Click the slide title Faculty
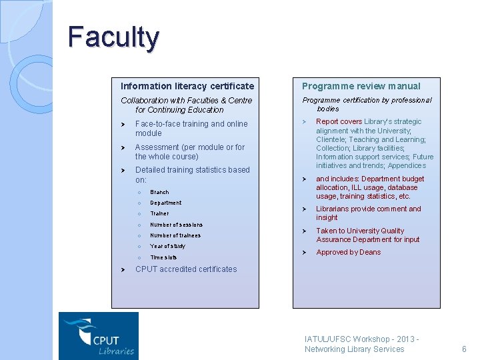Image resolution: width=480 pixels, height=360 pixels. [x=113, y=37]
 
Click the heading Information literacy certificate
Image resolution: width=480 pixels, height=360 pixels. [x=187, y=86]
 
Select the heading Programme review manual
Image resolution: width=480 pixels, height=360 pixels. [x=361, y=86]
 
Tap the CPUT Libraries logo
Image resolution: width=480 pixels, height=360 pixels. [x=99, y=336]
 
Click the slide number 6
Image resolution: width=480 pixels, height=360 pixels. [x=464, y=349]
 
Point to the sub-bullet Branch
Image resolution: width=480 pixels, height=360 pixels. [x=159, y=192]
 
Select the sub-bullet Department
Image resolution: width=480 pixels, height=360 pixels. [x=165, y=203]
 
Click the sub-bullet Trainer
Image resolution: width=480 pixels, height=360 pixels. [x=159, y=213]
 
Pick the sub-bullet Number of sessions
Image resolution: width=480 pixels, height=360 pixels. [x=176, y=225]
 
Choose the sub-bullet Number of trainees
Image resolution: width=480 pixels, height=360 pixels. [x=175, y=235]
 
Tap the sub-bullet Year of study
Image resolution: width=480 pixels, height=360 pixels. [x=167, y=246]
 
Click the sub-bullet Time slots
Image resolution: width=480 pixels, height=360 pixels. [x=163, y=257]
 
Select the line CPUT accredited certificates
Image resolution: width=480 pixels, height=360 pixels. [x=186, y=269]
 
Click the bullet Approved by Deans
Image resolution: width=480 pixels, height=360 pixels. [x=349, y=252]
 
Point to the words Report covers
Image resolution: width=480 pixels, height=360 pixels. [x=339, y=121]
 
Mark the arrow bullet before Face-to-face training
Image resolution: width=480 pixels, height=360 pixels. [x=123, y=124]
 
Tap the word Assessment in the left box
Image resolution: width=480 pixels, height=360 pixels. [x=157, y=147]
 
